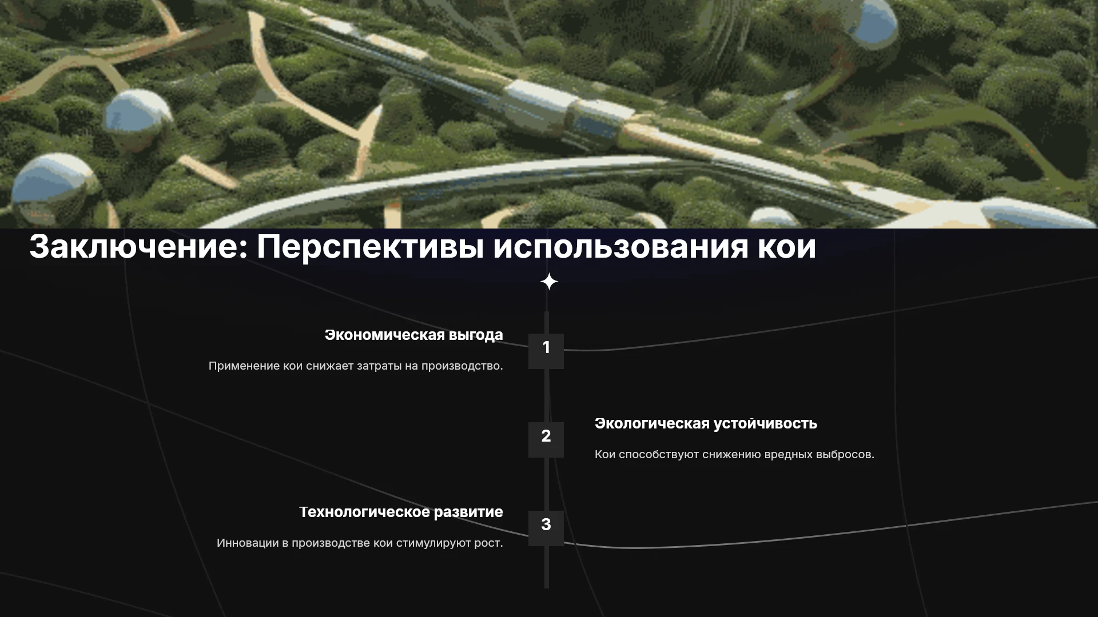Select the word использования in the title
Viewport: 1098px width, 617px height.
[x=620, y=247]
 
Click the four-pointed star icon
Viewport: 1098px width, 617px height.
[x=549, y=282]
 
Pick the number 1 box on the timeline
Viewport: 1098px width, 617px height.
[x=546, y=351]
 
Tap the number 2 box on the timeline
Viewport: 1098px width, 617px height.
[x=546, y=439]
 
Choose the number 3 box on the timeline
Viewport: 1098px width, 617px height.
[x=546, y=528]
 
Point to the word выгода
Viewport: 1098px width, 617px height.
[x=476, y=336]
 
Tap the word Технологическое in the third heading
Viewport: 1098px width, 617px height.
[x=364, y=512]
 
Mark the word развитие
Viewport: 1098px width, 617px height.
[x=468, y=512]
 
